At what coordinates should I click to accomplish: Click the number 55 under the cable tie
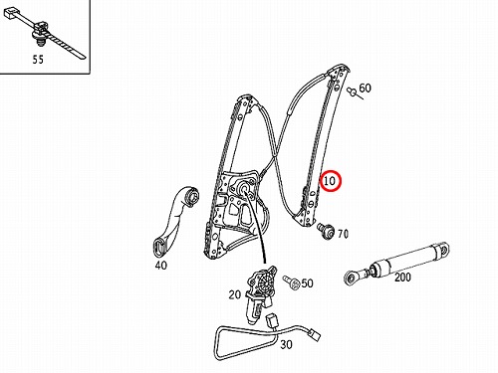pyautogui.click(x=38, y=60)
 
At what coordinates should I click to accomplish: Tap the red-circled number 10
pyautogui.click(x=330, y=181)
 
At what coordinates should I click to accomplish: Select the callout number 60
pyautogui.click(x=365, y=88)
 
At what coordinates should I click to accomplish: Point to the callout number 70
pyautogui.click(x=343, y=234)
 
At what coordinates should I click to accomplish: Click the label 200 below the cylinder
pyautogui.click(x=402, y=277)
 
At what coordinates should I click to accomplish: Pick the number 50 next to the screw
pyautogui.click(x=307, y=283)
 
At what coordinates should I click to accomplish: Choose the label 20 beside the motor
pyautogui.click(x=235, y=294)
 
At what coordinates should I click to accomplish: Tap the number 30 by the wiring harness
pyautogui.click(x=286, y=344)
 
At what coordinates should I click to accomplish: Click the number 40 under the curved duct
pyautogui.click(x=161, y=266)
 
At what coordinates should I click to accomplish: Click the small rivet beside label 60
pyautogui.click(x=353, y=93)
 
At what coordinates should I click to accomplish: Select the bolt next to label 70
pyautogui.click(x=326, y=230)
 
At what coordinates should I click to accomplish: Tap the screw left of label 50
pyautogui.click(x=291, y=282)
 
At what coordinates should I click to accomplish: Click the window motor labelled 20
pyautogui.click(x=259, y=291)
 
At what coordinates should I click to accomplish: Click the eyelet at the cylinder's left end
pyautogui.click(x=351, y=278)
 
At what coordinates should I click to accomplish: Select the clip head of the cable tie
pyautogui.click(x=41, y=28)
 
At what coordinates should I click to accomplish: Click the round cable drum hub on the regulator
pyautogui.click(x=245, y=188)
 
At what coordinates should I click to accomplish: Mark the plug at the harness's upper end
pyautogui.click(x=272, y=320)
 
